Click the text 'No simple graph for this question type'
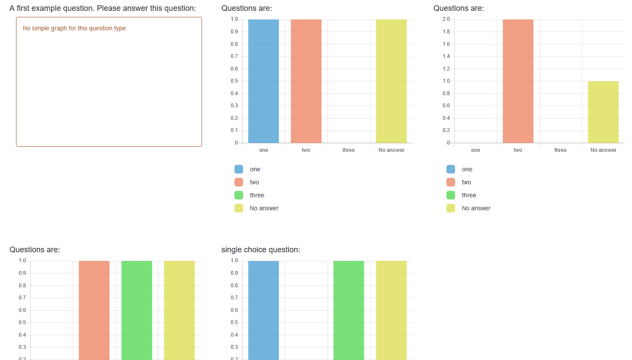[x=74, y=28]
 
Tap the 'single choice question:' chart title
[x=260, y=250]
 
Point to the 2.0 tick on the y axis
[x=446, y=19]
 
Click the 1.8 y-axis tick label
[x=446, y=32]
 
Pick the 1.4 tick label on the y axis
[x=446, y=56]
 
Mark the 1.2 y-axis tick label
[x=446, y=69]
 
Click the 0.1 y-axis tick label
[x=234, y=130]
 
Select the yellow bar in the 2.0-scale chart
[x=603, y=112]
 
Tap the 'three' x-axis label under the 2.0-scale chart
[x=560, y=150]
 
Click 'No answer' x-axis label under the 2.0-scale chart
[x=603, y=150]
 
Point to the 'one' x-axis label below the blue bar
[x=263, y=150]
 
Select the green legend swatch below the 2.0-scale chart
[x=451, y=195]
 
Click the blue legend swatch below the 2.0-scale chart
[x=451, y=169]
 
